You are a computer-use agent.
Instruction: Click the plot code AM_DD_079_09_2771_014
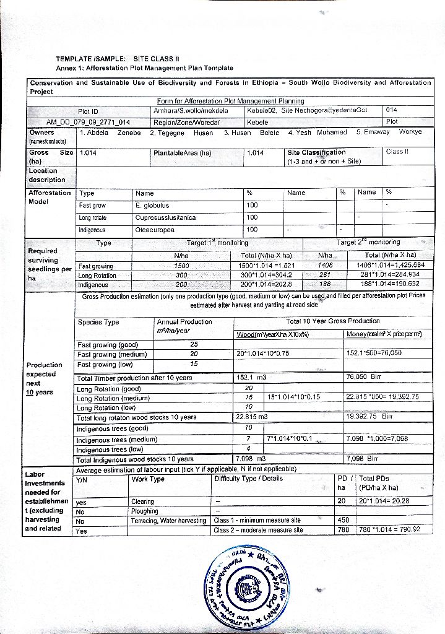(88, 122)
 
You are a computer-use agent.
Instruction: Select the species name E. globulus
(152, 206)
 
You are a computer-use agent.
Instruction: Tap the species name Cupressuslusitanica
(165, 217)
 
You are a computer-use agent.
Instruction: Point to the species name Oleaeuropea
(155, 230)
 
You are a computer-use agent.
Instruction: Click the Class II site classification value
(397, 152)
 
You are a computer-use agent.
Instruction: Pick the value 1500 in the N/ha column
(181, 266)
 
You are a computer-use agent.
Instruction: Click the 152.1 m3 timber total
(251, 378)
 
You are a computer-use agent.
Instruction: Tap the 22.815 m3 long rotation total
(252, 417)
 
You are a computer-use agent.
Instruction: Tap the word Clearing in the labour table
(143, 502)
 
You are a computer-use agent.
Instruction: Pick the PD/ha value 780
(344, 530)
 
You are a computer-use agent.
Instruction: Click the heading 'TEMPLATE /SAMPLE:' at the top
(91, 59)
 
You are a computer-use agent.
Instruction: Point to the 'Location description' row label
(46, 175)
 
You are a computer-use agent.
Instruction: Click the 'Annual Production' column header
(184, 321)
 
